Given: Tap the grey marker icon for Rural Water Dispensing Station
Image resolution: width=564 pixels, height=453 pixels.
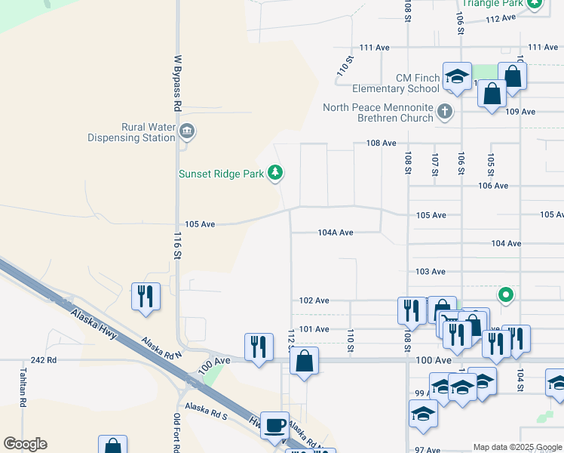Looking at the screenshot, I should coord(187,133).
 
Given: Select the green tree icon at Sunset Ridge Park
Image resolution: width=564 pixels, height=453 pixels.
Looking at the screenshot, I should coord(276,174).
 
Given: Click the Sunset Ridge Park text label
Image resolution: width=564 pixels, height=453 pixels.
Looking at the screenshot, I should coord(221,174).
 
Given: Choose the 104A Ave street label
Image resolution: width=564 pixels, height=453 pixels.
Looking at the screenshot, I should coord(336,233).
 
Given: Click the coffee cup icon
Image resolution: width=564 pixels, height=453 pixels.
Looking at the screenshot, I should coord(275,424).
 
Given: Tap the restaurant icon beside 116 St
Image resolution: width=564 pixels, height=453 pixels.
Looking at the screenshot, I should coord(146,295).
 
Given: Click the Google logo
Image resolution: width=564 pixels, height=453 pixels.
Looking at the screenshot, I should coord(25,444).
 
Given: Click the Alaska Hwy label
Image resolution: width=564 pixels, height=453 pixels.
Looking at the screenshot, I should coord(94,322).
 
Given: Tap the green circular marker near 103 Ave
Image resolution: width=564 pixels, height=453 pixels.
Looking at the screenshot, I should coord(506,294).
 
